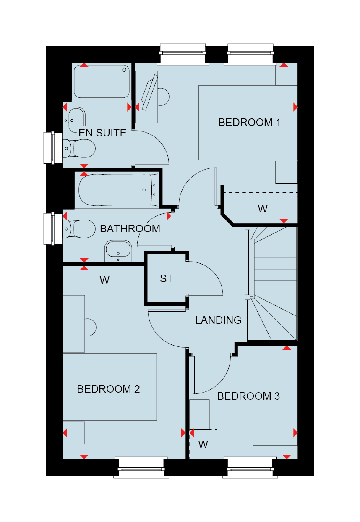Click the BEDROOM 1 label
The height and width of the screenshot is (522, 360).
(249, 122)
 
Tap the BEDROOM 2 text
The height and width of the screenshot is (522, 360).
(108, 389)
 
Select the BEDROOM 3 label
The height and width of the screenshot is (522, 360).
(248, 396)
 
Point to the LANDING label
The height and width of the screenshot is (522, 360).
(218, 320)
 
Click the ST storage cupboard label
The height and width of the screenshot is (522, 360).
(166, 278)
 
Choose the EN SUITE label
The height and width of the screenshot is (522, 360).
(102, 133)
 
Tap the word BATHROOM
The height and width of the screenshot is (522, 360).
(130, 228)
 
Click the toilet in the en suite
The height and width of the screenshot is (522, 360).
(79, 148)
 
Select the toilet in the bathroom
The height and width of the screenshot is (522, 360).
(79, 228)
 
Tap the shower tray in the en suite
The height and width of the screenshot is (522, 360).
(102, 81)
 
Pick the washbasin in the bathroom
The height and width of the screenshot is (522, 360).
(118, 251)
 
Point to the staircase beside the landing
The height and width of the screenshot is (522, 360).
(272, 284)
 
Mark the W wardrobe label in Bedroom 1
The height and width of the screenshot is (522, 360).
(263, 209)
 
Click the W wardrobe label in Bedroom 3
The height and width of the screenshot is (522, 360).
(203, 444)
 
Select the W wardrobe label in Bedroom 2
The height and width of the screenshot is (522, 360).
(104, 280)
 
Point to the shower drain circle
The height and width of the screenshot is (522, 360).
(124, 70)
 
